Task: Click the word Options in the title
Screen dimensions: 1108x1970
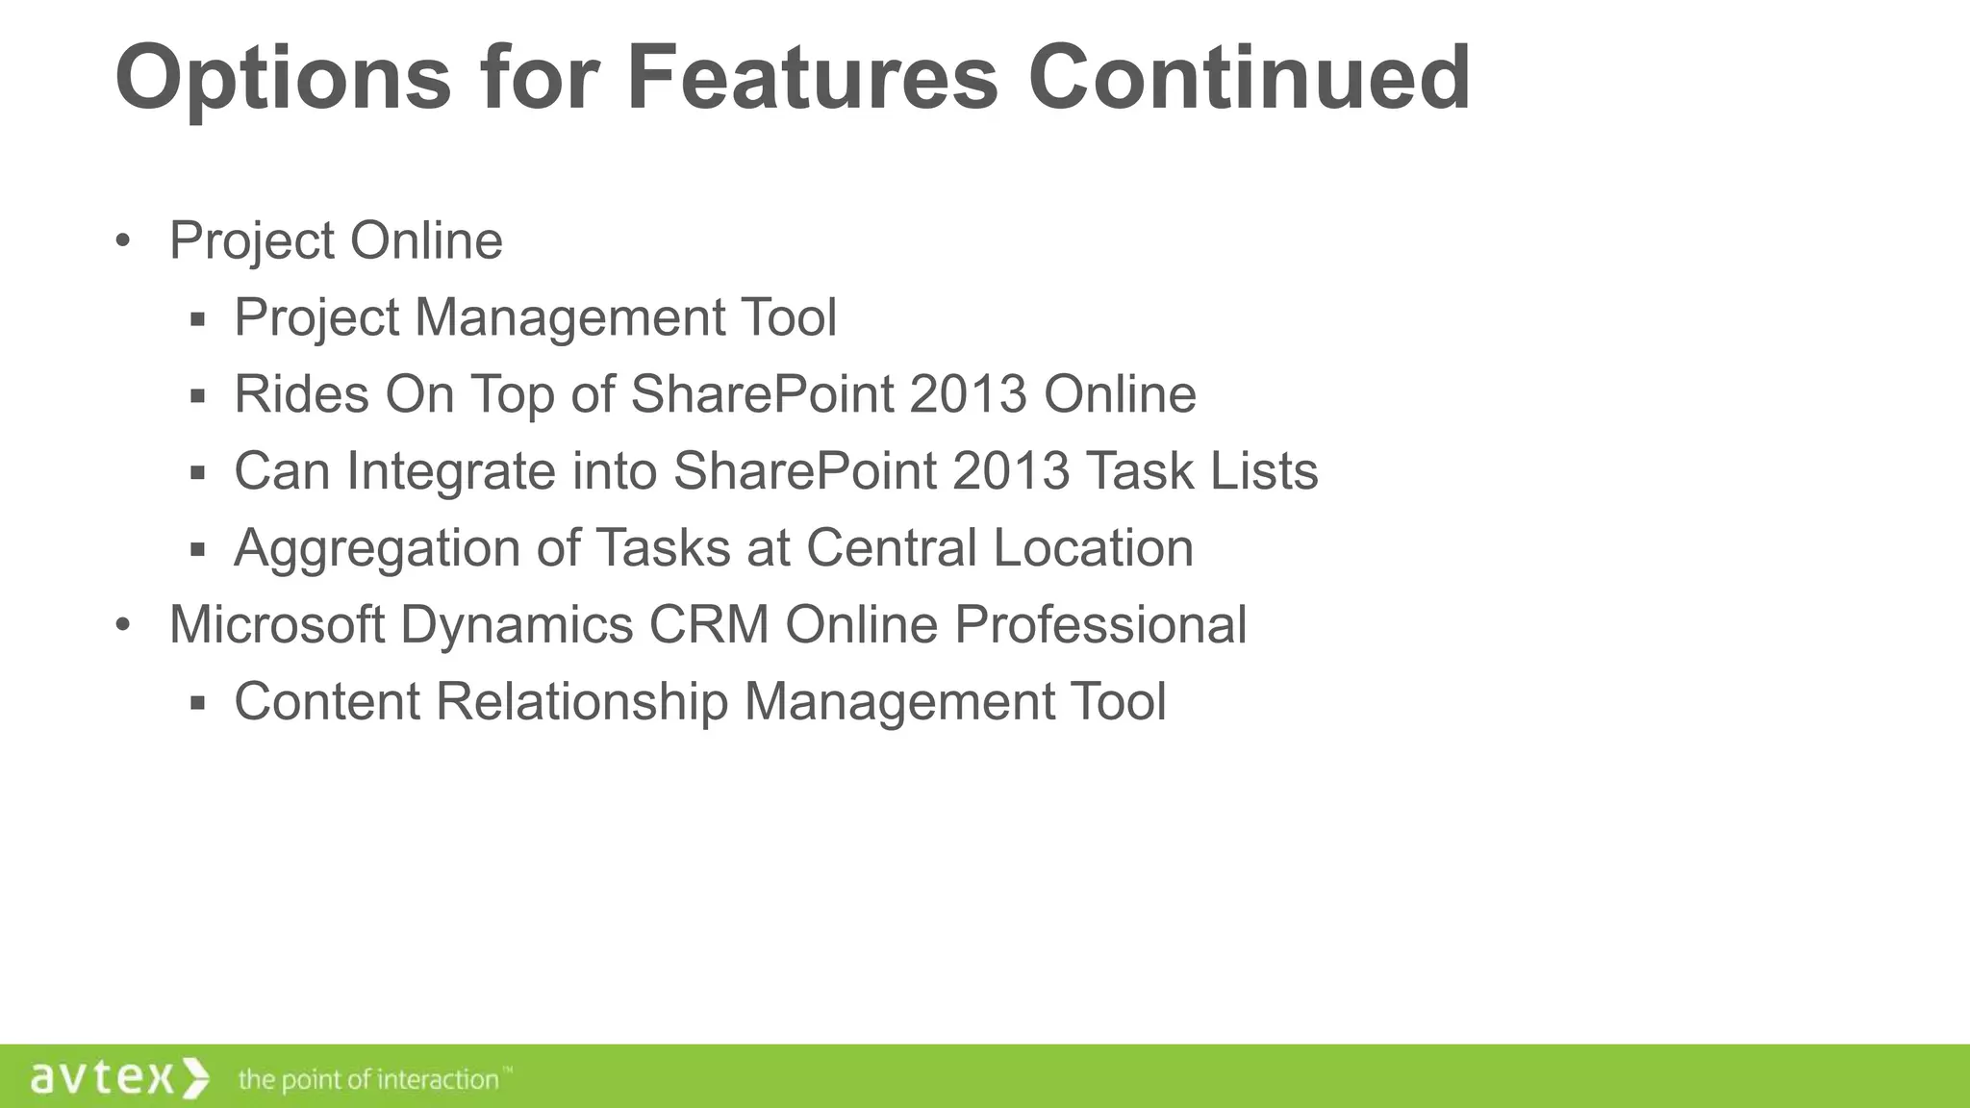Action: [283, 79]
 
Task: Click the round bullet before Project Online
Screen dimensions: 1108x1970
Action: [122, 240]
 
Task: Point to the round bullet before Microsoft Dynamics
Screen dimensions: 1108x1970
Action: [122, 625]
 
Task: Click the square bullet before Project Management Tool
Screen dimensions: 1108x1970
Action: [198, 319]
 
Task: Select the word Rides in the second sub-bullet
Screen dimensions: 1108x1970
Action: [301, 394]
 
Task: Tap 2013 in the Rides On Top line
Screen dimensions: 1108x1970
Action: [968, 394]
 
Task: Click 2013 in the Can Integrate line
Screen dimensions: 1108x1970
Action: [1011, 471]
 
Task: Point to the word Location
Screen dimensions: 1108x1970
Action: [1093, 548]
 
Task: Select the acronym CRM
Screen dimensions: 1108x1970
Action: [709, 625]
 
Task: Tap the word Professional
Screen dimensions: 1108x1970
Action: [1100, 625]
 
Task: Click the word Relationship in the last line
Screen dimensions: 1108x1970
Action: [582, 702]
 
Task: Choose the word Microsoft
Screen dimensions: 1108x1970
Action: [277, 625]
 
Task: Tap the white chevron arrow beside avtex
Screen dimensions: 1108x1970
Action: [195, 1078]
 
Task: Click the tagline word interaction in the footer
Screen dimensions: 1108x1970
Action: [437, 1079]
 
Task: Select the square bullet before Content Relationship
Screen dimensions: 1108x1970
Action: [198, 704]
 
